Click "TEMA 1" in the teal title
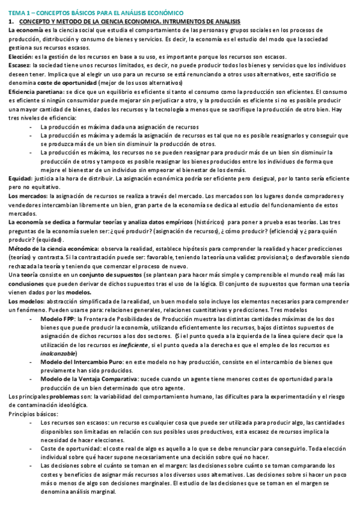[19, 13]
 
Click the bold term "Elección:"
[20, 57]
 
